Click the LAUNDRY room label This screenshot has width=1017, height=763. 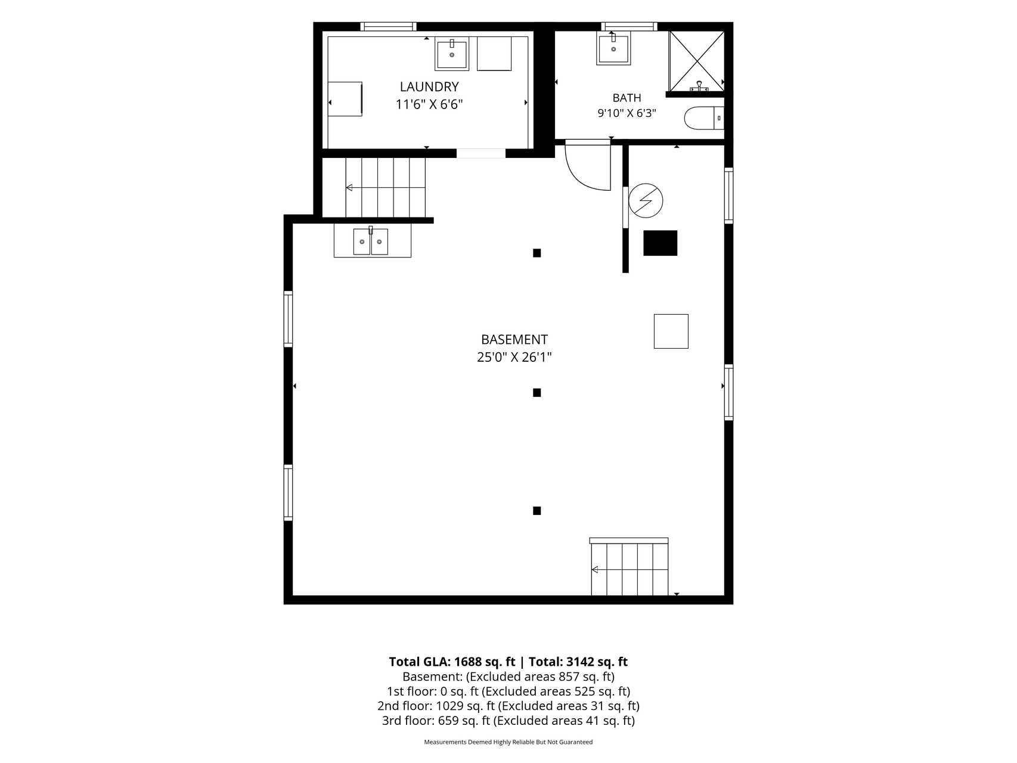[429, 87]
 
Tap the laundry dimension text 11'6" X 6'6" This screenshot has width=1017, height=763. [429, 105]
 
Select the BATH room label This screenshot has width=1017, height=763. [627, 98]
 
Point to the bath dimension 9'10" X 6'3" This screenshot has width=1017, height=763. [627, 113]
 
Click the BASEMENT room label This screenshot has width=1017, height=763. [514, 340]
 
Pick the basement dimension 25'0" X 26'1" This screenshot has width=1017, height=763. [514, 358]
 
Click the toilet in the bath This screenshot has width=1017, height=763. [704, 118]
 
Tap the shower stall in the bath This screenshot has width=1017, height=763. [696, 61]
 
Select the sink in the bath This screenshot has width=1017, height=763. [613, 49]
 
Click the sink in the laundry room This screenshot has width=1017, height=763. [452, 54]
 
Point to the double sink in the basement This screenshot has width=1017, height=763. [371, 241]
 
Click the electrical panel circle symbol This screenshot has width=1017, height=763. [646, 200]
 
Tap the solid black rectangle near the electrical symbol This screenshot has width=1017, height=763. [661, 243]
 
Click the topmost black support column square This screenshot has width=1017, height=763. [537, 253]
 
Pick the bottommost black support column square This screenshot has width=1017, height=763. [537, 511]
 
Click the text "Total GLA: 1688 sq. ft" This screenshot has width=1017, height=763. [452, 662]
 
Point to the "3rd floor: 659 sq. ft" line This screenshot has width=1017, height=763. [436, 721]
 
